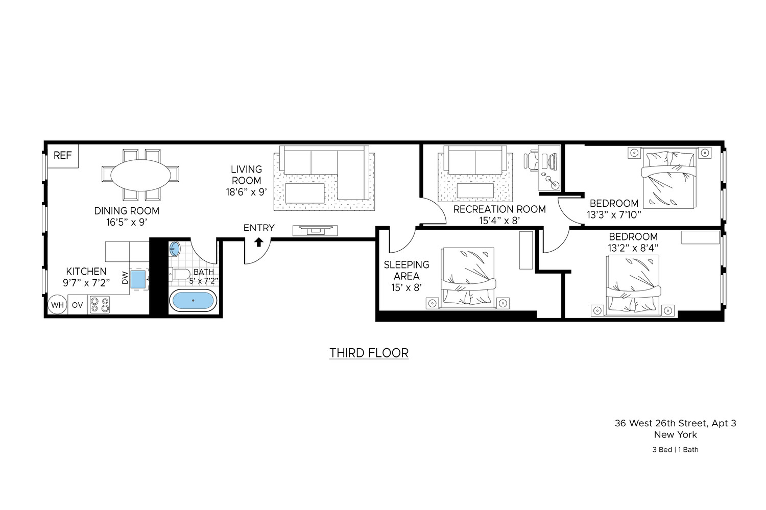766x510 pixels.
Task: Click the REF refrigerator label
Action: [63, 156]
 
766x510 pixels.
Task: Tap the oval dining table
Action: [140, 175]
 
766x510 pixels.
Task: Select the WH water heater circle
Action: [57, 305]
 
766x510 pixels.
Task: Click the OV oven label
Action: [77, 305]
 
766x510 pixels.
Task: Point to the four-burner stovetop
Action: [100, 305]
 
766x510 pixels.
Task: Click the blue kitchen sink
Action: [138, 279]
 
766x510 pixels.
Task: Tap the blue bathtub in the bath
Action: [193, 301]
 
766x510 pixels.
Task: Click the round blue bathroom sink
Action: [175, 249]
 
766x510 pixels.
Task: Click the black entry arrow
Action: [258, 242]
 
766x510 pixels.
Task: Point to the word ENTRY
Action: [259, 228]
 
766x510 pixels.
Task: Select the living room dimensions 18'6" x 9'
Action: [246, 192]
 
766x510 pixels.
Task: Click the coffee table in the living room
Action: [305, 193]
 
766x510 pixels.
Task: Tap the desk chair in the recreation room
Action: [531, 160]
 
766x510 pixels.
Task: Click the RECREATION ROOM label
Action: [499, 209]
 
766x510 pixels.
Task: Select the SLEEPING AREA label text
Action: [406, 270]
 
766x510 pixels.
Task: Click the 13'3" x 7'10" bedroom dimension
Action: [614, 215]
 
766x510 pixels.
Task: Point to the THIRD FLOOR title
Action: [369, 353]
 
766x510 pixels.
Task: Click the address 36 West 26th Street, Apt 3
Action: [676, 423]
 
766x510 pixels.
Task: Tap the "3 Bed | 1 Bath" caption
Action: [676, 449]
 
